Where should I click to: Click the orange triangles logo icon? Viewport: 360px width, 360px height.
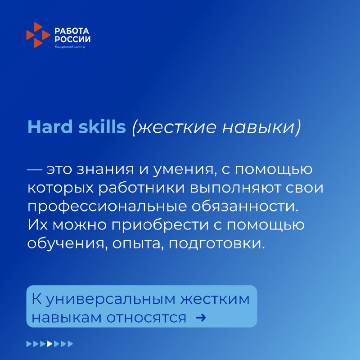point(38,35)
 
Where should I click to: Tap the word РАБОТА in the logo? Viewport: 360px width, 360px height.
point(72,31)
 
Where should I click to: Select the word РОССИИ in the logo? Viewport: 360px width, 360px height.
point(72,39)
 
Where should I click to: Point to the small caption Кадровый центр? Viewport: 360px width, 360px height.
point(70,47)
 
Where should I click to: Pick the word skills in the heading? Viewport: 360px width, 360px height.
point(102,126)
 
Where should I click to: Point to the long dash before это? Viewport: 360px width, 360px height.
point(35,170)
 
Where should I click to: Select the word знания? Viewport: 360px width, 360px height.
point(105,170)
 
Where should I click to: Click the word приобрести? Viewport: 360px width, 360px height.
point(160,225)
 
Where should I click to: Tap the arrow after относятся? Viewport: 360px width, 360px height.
point(201,318)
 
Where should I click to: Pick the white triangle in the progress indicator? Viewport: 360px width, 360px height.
point(49,344)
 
